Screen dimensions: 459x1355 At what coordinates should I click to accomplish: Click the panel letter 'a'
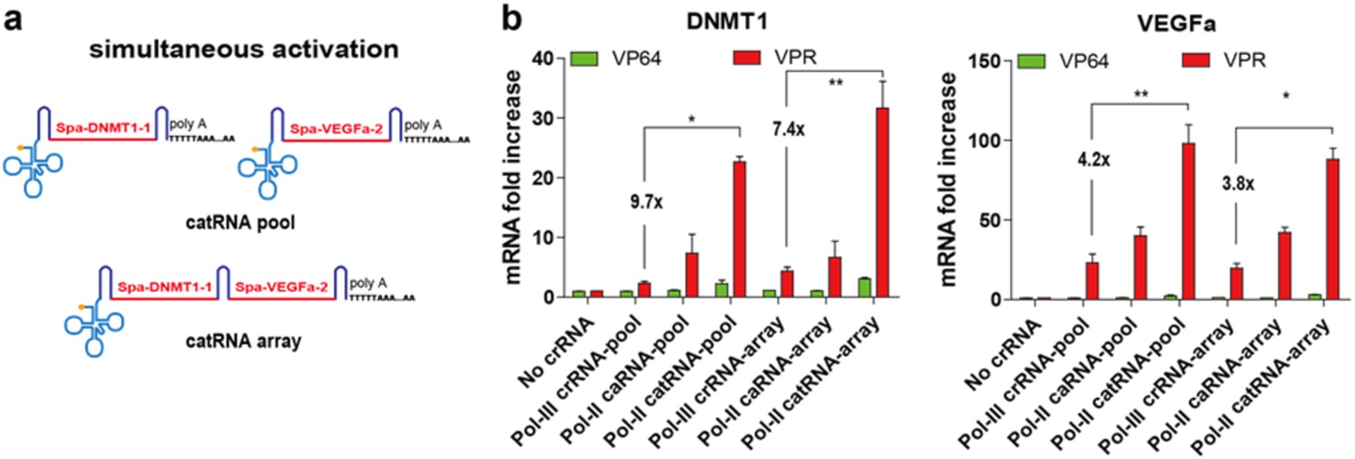pos(13,19)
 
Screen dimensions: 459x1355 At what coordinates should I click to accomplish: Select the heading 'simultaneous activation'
pos(244,49)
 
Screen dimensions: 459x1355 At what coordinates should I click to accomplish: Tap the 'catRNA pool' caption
pos(241,223)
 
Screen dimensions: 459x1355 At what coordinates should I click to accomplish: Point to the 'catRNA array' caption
pos(243,341)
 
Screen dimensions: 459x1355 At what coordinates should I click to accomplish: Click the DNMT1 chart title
pos(726,21)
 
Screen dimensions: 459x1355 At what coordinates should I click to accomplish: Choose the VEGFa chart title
pos(1176,24)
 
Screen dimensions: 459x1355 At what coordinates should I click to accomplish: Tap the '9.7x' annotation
pos(647,202)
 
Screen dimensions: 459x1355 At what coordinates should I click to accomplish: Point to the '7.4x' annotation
pos(788,129)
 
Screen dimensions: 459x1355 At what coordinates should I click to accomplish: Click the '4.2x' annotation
pos(1094,160)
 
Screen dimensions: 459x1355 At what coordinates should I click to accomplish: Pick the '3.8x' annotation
pos(1237,184)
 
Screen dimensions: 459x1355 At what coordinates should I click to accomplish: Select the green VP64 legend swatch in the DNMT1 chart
pos(585,59)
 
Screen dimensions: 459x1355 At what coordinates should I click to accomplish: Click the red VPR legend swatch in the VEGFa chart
pos(1196,59)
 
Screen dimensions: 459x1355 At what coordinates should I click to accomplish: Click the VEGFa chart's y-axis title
pos(947,179)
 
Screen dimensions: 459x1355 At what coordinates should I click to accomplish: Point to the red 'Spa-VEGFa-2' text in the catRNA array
pos(281,287)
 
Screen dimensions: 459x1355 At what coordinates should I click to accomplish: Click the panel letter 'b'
pos(511,19)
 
